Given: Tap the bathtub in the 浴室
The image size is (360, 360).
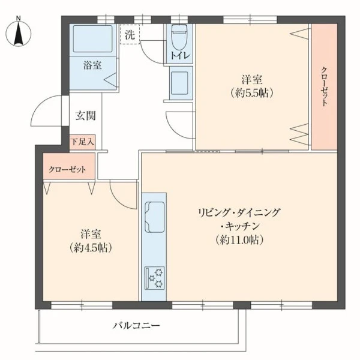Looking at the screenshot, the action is click(93, 39).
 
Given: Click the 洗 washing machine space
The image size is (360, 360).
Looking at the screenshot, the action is click(130, 34).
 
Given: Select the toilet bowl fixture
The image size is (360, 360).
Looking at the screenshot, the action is click(179, 37).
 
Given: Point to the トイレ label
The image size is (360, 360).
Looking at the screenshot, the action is click(180, 56).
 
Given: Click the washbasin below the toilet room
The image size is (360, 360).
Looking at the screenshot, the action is click(179, 83).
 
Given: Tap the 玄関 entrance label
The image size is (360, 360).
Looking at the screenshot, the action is click(85, 116).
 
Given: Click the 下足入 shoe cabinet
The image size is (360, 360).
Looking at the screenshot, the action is click(82, 142).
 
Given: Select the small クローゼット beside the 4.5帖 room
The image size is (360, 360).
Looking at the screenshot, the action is click(69, 166).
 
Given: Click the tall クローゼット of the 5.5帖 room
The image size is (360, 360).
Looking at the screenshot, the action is click(324, 87).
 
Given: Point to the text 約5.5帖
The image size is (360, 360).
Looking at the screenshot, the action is click(252, 93).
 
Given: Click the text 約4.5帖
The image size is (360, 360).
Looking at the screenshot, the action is click(91, 248).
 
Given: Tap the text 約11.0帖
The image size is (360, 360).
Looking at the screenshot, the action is click(239, 240).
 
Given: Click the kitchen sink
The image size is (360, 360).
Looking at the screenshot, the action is click(154, 217).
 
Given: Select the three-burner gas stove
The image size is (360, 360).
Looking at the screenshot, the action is click(155, 278).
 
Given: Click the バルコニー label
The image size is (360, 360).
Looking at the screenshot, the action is click(136, 326).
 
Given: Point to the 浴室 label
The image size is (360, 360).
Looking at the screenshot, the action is click(92, 65).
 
